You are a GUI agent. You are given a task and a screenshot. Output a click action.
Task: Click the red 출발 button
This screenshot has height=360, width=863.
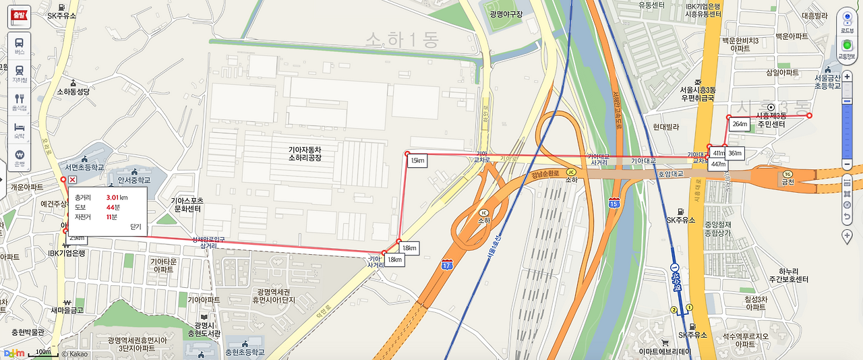(x=19, y=15)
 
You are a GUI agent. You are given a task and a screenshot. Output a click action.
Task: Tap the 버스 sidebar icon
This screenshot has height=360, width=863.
(x=20, y=44)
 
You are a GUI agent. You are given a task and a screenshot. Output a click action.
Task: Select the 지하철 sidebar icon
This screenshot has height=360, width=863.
(x=20, y=73)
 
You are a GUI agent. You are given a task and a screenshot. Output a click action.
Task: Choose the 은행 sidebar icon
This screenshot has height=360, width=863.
(x=20, y=157)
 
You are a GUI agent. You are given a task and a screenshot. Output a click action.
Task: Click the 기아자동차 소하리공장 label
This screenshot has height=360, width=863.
(x=305, y=153)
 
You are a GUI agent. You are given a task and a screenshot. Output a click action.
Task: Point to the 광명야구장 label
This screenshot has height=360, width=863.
(x=507, y=14)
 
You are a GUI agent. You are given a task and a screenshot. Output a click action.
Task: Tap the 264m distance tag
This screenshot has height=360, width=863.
(x=740, y=125)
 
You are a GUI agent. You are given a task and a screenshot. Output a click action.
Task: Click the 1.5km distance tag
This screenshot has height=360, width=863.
(x=417, y=160)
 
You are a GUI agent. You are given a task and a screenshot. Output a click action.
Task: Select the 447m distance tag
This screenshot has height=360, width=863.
(x=718, y=164)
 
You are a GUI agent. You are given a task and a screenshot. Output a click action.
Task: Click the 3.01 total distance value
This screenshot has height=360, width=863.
(x=117, y=197)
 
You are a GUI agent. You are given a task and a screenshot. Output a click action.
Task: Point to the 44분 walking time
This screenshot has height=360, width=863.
(x=113, y=207)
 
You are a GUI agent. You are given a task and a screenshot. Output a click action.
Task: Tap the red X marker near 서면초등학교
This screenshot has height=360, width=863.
(x=72, y=179)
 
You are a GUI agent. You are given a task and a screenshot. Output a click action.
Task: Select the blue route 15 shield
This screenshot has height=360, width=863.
(x=614, y=203)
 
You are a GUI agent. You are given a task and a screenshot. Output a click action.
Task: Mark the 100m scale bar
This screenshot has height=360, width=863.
(x=44, y=353)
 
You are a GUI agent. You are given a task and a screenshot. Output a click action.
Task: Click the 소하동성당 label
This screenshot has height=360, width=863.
(x=73, y=91)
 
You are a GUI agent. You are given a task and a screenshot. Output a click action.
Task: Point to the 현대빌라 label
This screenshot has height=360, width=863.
(x=666, y=127)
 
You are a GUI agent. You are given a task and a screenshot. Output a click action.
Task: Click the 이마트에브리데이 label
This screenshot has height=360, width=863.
(x=665, y=352)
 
